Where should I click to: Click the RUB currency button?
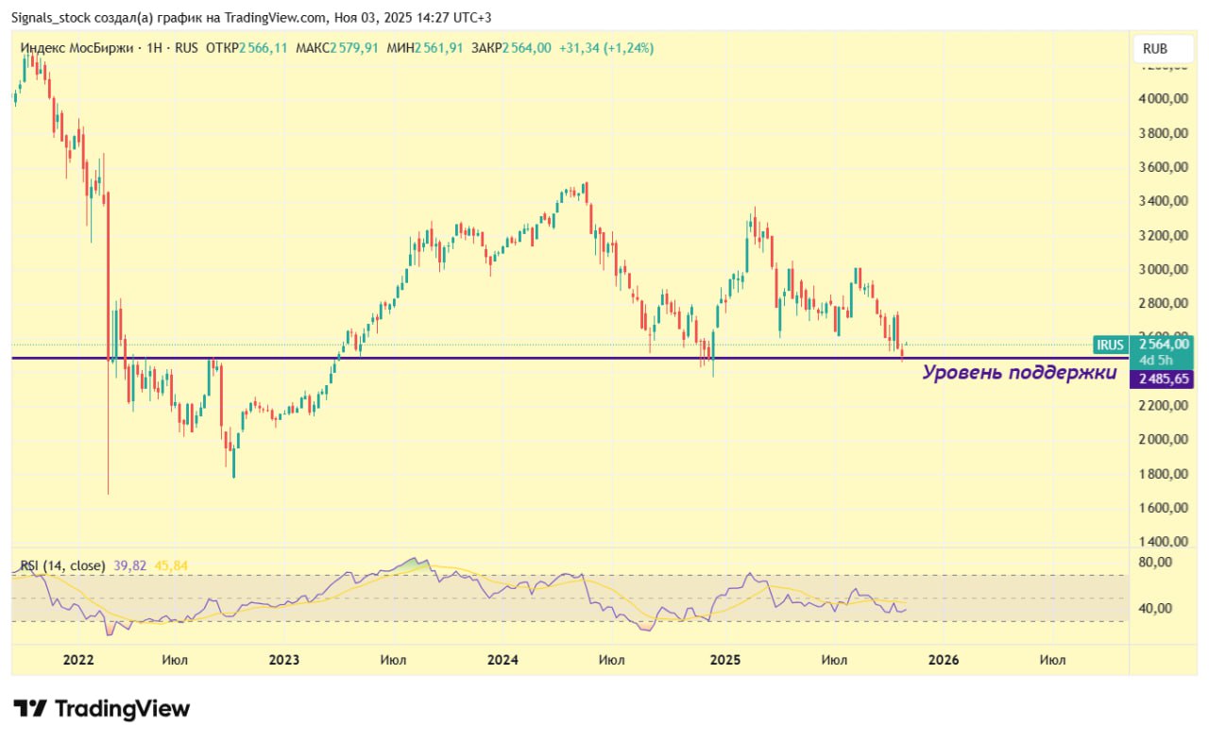coord(1154,49)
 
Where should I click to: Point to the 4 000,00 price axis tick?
coord(1163,99)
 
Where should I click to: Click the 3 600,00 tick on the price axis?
coord(1163,167)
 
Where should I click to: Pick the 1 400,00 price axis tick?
coord(1163,542)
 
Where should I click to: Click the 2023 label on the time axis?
coord(284,660)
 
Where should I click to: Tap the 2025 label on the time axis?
coord(724,660)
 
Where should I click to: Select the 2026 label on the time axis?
coord(944,660)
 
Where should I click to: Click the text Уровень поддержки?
coord(1019,373)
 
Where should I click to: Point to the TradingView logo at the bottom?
coord(102,709)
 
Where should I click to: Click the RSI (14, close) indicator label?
coord(62,565)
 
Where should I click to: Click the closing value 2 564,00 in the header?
coord(527,48)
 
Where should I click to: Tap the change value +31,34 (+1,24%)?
coord(605,48)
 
